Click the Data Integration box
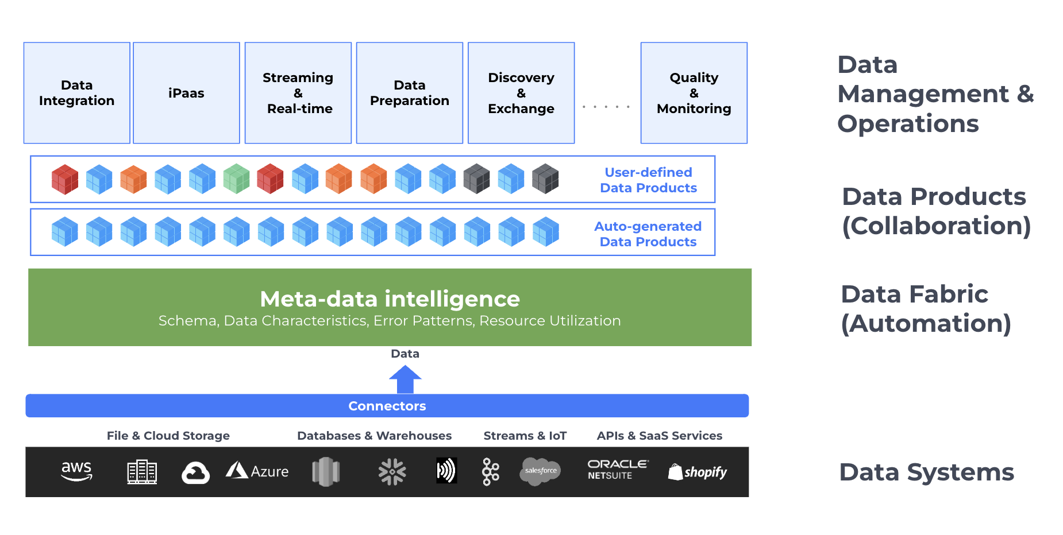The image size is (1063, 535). point(76,93)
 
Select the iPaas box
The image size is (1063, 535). point(186,93)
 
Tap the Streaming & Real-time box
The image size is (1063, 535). point(298,93)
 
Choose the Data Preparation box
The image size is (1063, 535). point(409,93)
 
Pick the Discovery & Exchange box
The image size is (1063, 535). point(521,93)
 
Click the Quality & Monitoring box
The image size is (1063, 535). point(694,93)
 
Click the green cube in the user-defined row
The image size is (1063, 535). point(236,179)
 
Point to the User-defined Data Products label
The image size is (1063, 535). point(648,180)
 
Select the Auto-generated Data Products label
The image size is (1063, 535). point(648,234)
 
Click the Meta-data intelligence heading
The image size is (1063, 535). point(390,299)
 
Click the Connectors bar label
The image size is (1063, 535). point(387,406)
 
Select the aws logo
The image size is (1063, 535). point(76,471)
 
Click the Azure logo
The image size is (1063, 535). point(257,471)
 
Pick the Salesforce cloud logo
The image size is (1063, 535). point(540,471)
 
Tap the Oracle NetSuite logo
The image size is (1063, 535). point(617,469)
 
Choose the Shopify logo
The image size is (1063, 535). point(697,472)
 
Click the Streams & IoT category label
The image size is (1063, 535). point(525,436)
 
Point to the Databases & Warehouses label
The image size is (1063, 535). point(374,436)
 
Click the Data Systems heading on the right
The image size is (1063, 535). point(926,472)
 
